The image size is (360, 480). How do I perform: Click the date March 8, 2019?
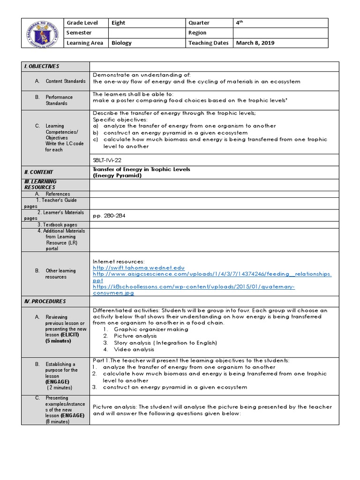click(255, 43)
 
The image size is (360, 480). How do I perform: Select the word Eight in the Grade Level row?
click(119, 22)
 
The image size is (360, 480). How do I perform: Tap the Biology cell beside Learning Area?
click(121, 43)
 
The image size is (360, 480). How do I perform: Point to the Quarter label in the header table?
click(199, 22)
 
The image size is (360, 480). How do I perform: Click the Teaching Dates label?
click(208, 43)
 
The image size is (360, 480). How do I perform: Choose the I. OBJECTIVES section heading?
click(43, 67)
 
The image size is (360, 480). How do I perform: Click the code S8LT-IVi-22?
click(110, 160)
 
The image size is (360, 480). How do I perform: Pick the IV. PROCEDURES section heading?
click(45, 301)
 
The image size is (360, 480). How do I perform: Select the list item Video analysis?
click(134, 349)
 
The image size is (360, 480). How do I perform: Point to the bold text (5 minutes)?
click(59, 341)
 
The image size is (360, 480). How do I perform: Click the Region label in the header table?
click(197, 33)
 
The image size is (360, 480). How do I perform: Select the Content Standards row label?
click(65, 81)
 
